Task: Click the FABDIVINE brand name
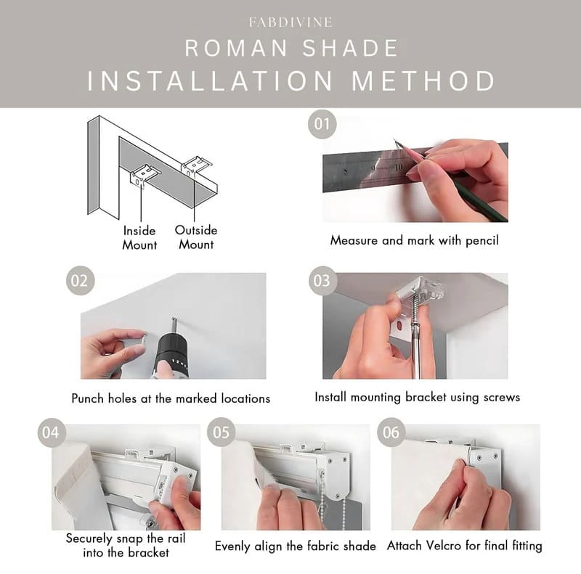point(290,22)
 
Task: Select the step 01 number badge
point(322,123)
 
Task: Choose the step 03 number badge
point(322,281)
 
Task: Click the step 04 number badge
point(50,433)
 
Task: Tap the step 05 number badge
point(221,433)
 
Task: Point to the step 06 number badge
point(391,433)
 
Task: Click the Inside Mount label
point(139,237)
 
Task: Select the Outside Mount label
point(195,237)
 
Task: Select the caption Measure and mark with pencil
point(414,239)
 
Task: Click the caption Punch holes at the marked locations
point(171,398)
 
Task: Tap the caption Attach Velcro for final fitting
point(464,545)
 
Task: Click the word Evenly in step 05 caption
point(233,546)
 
